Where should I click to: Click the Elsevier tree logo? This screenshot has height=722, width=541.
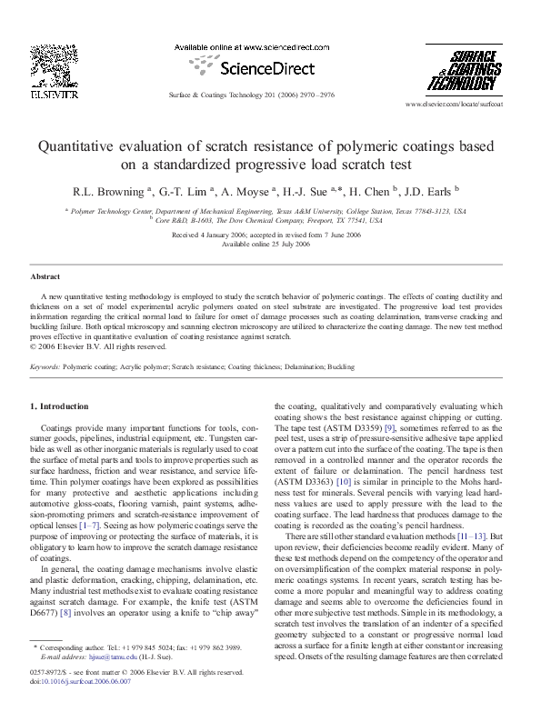(42, 68)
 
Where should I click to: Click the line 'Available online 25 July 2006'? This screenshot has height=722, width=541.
(270, 244)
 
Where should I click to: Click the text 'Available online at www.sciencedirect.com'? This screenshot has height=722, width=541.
(240, 46)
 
